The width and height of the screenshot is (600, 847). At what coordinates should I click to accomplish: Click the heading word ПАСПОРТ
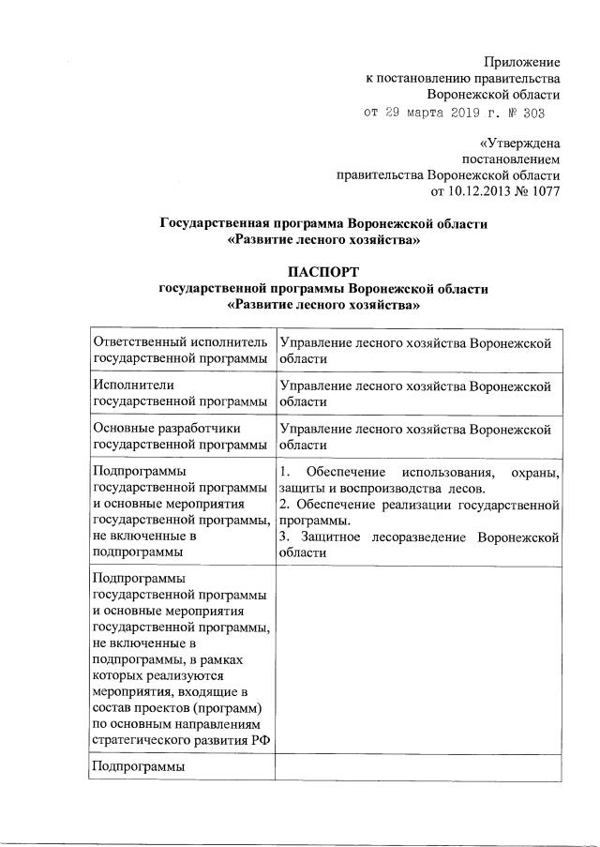click(323, 272)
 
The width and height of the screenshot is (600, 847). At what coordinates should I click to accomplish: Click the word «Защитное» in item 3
click(335, 537)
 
